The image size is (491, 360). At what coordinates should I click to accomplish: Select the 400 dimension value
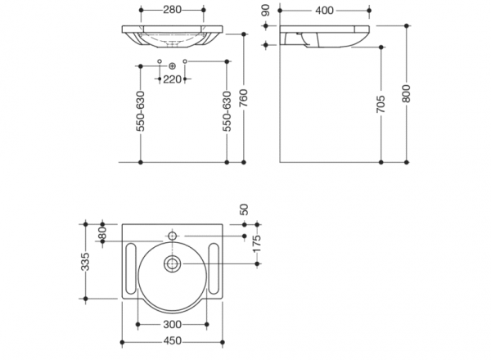point(325,10)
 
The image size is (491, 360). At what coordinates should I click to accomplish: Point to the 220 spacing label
point(172,79)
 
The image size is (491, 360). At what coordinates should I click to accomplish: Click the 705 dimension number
point(383,105)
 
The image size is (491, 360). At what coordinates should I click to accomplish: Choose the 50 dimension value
point(244,211)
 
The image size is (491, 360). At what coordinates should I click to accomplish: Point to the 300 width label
point(173,326)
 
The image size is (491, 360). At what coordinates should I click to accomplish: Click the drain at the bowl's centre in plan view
point(173,264)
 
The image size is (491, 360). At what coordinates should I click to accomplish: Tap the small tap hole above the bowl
point(173,236)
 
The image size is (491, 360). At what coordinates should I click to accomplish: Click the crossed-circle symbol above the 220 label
point(172,64)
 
